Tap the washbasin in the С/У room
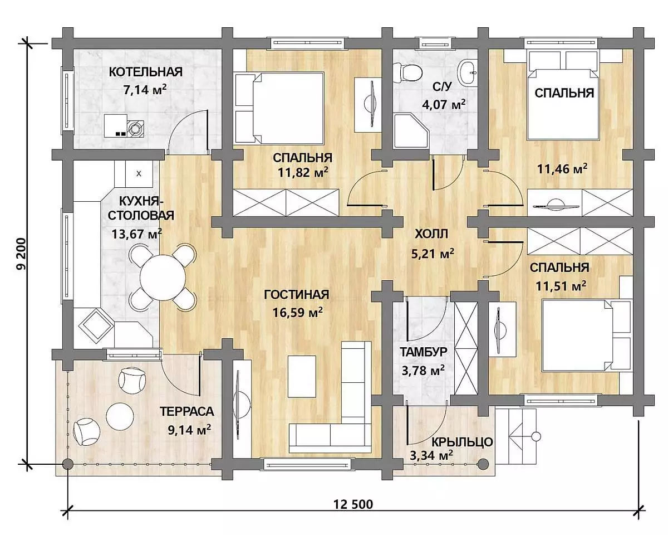coord(468,72)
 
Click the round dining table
coord(163,278)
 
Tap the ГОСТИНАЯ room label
coord(296,294)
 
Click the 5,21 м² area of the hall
coord(433,254)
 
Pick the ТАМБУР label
coord(424,352)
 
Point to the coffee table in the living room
coord(302,376)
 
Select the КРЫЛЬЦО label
coord(462,442)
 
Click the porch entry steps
coord(516,436)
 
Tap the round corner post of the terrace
coord(67,464)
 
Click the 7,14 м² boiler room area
coord(145,90)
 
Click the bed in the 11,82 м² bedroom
coord(279,108)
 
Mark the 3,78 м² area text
coord(423,370)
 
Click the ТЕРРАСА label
coord(187,411)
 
